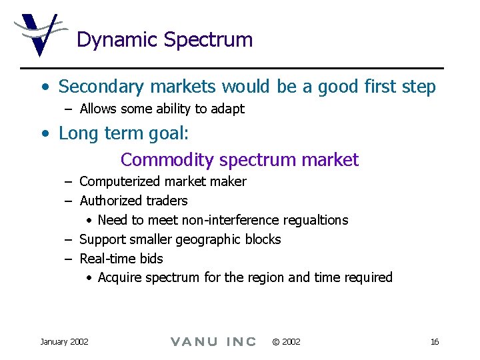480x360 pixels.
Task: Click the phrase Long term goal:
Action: pos(124,133)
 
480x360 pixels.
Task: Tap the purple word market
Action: pos(330,160)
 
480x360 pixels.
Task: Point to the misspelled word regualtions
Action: pos(315,220)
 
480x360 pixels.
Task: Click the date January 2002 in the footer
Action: pos(64,342)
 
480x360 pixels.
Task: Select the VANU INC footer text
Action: pos(213,342)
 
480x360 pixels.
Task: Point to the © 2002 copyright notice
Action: pos(286,342)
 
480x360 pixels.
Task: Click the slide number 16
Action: pos(434,342)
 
